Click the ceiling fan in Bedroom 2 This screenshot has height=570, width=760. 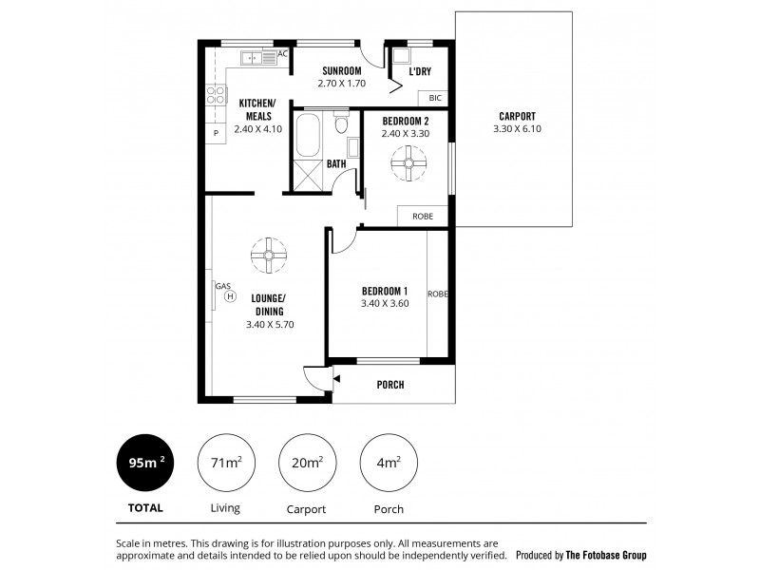409,166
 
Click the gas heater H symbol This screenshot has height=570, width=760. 230,296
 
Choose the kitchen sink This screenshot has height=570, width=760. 253,57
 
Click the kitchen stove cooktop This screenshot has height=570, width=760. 215,95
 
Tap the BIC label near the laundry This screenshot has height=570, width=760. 435,98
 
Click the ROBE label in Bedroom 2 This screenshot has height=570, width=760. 423,217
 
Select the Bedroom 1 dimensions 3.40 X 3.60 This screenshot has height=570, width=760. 384,303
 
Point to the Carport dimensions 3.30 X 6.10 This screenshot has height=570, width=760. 517,129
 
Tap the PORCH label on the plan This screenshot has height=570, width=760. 390,385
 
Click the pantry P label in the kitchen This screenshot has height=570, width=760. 216,133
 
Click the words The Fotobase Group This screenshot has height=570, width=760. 614,555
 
